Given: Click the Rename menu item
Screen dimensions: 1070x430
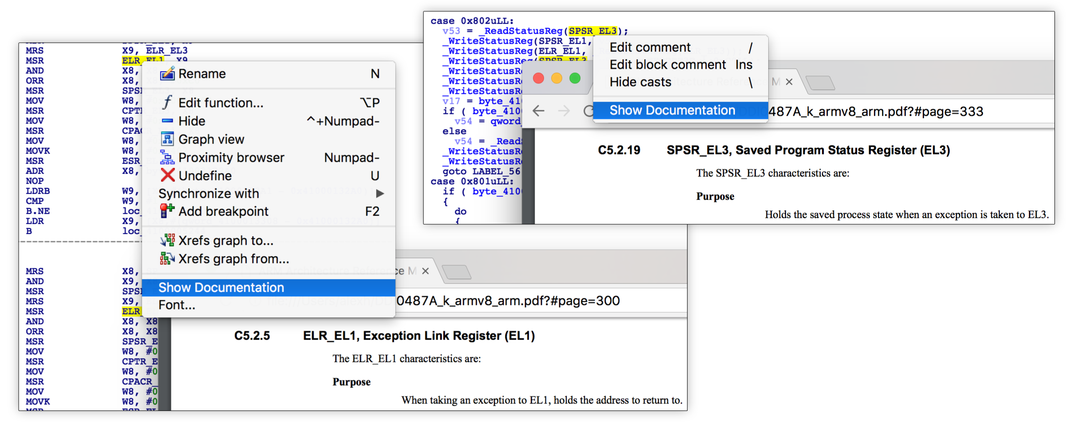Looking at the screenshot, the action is (x=202, y=74).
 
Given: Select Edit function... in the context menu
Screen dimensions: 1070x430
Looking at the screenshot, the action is (x=221, y=103).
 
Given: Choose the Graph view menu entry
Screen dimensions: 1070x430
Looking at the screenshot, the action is (x=211, y=140).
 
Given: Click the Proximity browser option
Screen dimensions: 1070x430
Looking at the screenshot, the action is (x=231, y=158).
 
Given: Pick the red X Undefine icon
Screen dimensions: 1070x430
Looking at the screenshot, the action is (x=168, y=175).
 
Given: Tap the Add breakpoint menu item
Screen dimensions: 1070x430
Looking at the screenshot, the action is (x=223, y=212).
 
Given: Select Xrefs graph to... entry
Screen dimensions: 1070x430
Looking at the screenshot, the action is (x=226, y=241).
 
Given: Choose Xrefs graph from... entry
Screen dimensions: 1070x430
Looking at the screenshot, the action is (x=233, y=259).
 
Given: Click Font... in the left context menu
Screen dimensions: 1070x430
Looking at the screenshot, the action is (x=177, y=305).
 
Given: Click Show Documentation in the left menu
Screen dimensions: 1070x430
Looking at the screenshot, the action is (x=221, y=288).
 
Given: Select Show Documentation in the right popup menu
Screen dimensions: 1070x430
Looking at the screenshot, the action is (x=672, y=110).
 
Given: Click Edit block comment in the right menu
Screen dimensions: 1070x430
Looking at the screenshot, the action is (x=667, y=65).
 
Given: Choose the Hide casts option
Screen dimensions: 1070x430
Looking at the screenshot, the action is (x=640, y=82).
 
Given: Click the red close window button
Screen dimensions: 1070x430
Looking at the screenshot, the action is (x=538, y=78).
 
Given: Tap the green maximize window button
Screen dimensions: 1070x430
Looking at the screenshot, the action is (x=575, y=78).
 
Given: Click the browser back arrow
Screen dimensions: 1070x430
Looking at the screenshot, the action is (x=538, y=111).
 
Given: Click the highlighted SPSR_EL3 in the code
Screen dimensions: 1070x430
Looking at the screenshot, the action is (x=592, y=31).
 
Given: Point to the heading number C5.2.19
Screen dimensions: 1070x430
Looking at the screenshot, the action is (x=619, y=150).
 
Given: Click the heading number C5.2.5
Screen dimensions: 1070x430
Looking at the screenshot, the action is (x=252, y=336).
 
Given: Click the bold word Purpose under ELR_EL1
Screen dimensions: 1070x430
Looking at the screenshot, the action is (x=351, y=382).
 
